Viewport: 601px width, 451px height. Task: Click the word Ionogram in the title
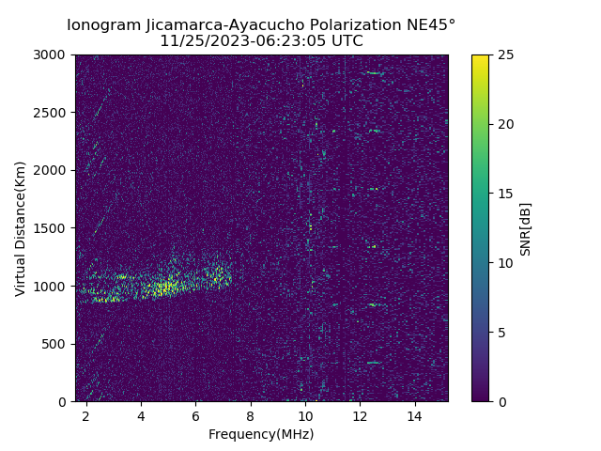103,24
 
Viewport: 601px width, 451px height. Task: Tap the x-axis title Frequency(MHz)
261,434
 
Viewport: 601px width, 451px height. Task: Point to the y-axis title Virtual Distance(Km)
20,228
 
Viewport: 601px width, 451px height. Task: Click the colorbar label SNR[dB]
526,228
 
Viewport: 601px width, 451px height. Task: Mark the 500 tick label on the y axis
57,344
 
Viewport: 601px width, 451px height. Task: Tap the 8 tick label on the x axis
251,415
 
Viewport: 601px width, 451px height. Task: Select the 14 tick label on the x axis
415,415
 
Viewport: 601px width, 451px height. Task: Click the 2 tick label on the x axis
86,415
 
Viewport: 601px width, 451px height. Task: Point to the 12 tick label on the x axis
360,415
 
